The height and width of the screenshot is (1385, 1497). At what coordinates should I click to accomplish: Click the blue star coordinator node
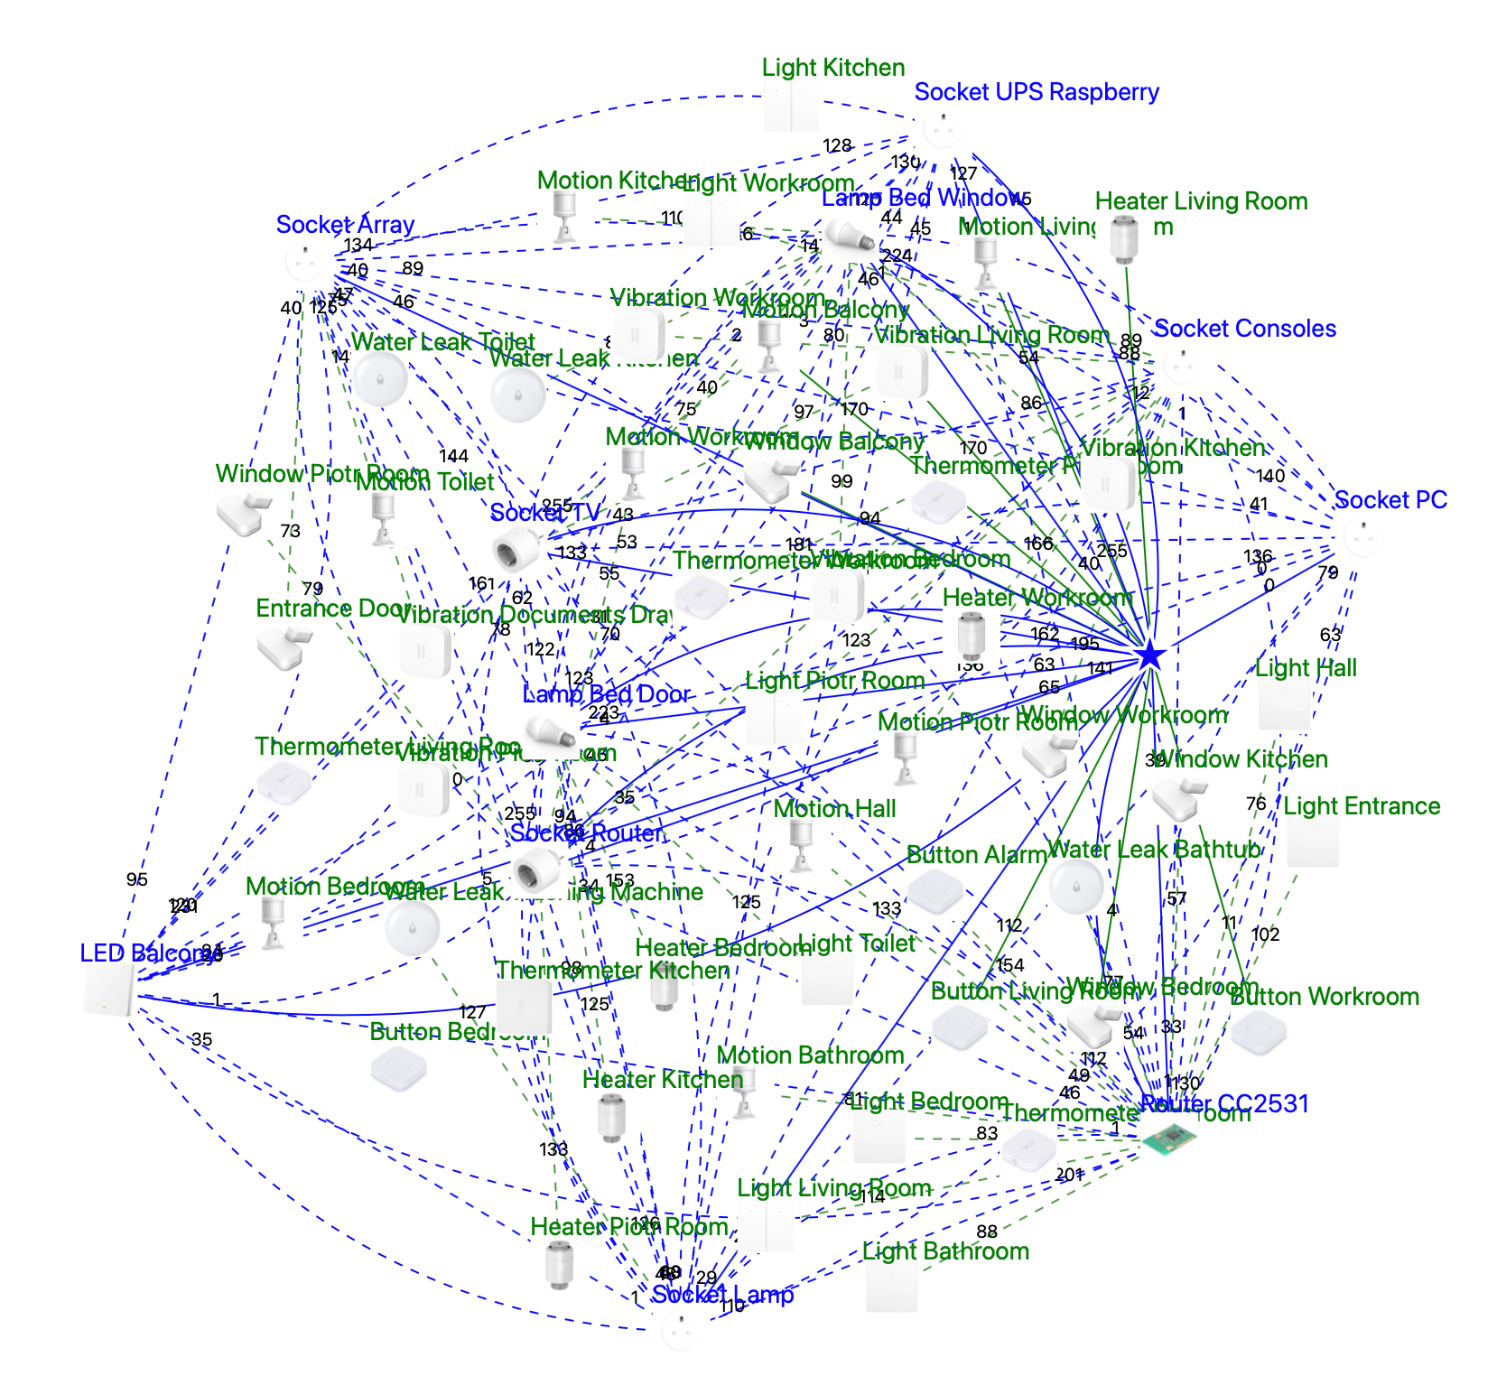point(1149,655)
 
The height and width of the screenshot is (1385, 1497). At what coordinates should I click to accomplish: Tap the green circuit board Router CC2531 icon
point(1169,1139)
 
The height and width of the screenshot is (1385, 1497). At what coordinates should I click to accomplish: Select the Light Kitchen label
point(832,68)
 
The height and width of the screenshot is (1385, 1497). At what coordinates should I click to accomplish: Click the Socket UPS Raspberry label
point(1036,92)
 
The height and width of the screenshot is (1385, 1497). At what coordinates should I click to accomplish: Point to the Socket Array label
point(345,225)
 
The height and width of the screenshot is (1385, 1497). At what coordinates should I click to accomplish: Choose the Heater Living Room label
point(1201,201)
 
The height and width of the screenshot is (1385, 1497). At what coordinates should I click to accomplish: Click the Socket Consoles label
point(1244,329)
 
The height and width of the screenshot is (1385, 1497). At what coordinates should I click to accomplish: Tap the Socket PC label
point(1390,500)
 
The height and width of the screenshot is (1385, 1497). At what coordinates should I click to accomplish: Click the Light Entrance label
point(1361,806)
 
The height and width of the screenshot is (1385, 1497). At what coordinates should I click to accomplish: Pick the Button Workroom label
point(1324,997)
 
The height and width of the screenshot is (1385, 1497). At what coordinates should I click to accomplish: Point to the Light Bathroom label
point(945,1251)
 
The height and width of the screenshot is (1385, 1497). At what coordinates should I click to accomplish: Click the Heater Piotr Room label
point(628,1227)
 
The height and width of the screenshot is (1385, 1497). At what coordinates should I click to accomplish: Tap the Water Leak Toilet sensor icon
point(379,379)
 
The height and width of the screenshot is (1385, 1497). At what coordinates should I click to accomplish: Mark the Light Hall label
point(1306,668)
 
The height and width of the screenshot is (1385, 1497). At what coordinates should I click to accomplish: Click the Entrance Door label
point(333,609)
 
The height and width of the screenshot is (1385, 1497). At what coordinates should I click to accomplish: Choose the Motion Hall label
point(834,809)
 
